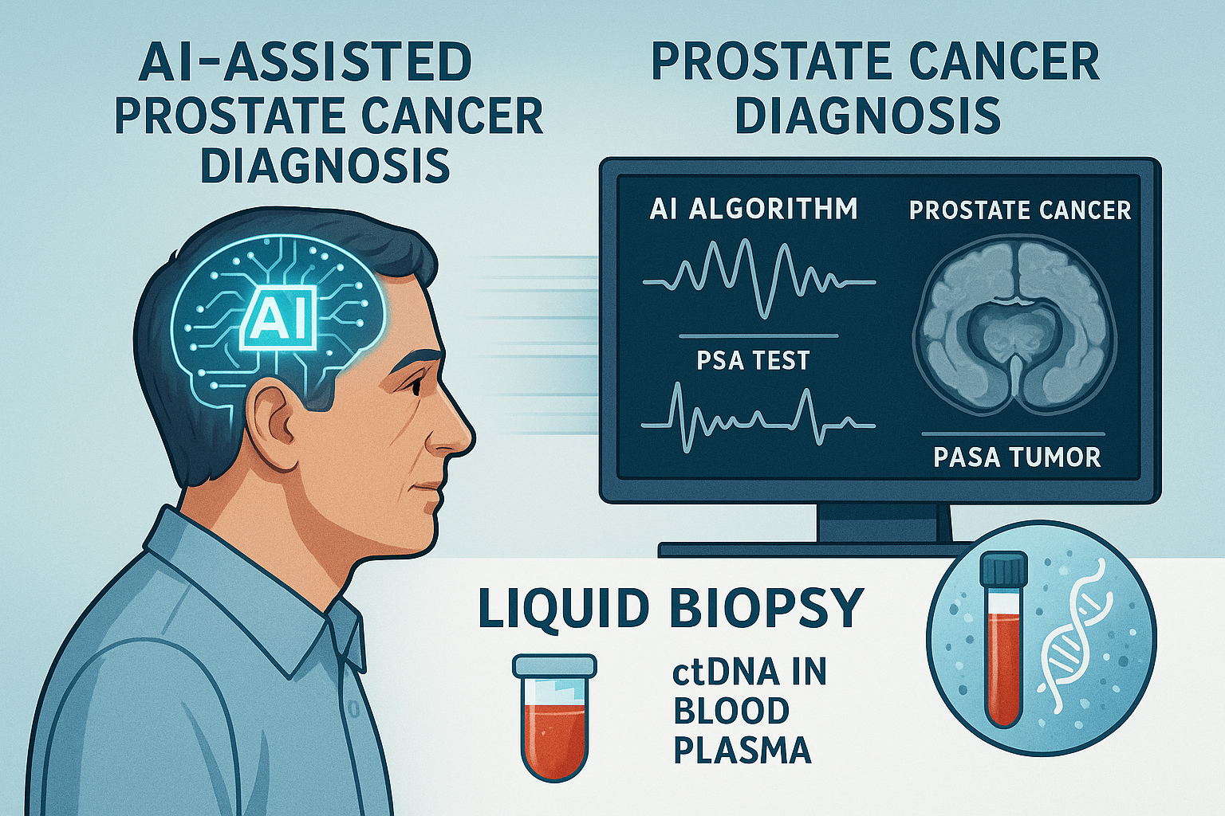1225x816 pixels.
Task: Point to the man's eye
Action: click(x=415, y=386)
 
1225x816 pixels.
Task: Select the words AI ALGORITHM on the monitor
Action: click(x=754, y=209)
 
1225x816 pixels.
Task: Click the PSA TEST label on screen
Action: click(x=753, y=361)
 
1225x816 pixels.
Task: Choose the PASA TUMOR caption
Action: click(x=1017, y=457)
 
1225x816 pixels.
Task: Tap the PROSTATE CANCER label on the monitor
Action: click(x=1020, y=210)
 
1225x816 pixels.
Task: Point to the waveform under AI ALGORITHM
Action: click(x=759, y=279)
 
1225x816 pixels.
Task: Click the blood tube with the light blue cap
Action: click(x=554, y=716)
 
